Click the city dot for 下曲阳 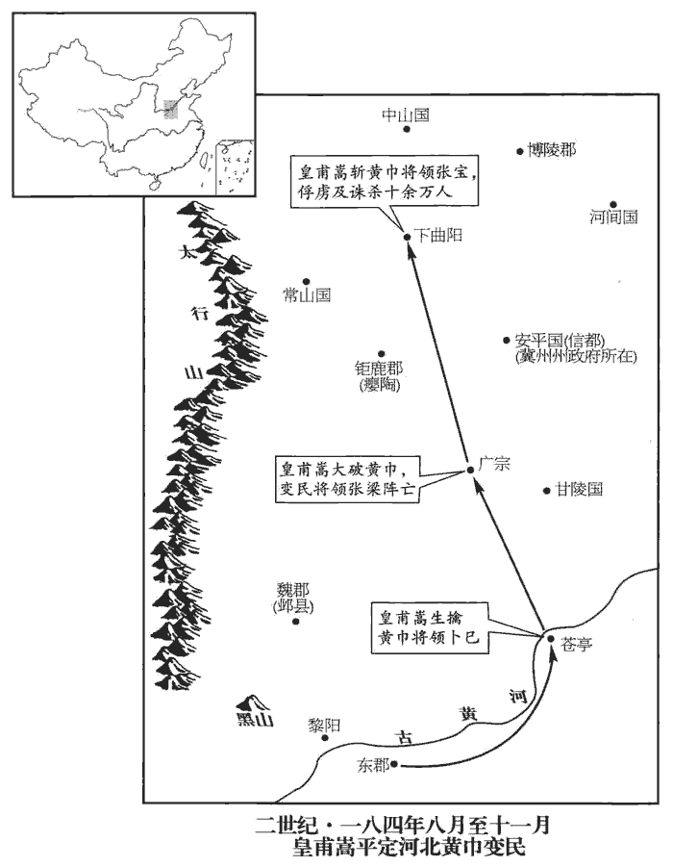pyautogui.click(x=408, y=233)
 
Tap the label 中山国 pyautogui.click(x=404, y=115)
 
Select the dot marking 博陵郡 pyautogui.click(x=519, y=151)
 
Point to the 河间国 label pyautogui.click(x=613, y=217)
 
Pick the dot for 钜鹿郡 pyautogui.click(x=381, y=354)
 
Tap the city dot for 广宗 pyautogui.click(x=469, y=469)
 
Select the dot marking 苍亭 pyautogui.click(x=549, y=638)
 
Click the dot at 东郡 pyautogui.click(x=394, y=765)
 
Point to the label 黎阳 pyautogui.click(x=324, y=725)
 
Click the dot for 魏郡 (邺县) pyautogui.click(x=296, y=621)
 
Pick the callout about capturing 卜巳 pyautogui.click(x=430, y=627)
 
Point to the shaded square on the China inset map pyautogui.click(x=170, y=108)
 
